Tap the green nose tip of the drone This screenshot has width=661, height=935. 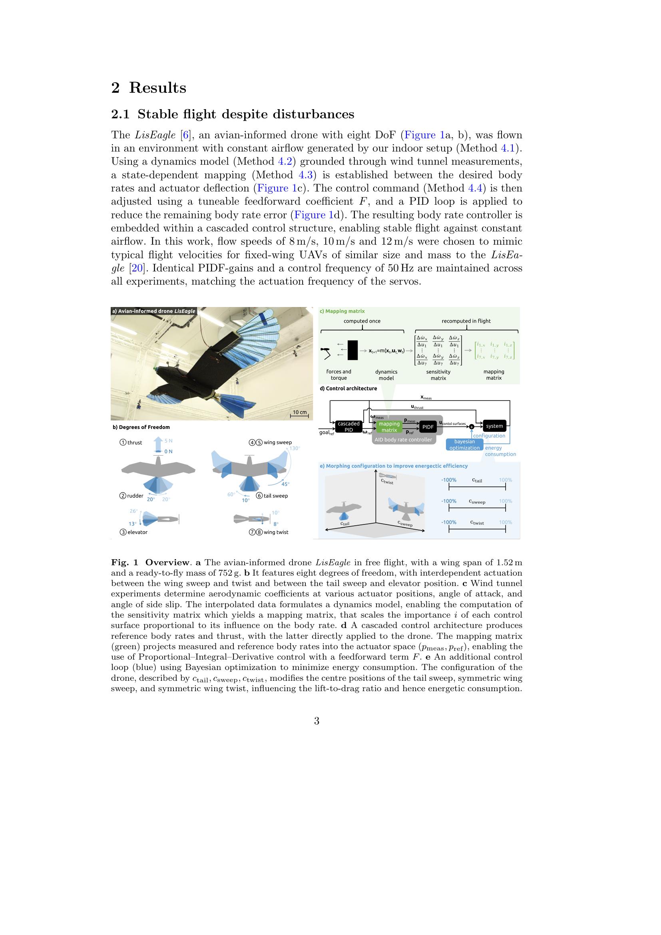point(155,369)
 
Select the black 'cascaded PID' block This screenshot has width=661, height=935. point(348,427)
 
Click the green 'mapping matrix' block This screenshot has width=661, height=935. point(389,427)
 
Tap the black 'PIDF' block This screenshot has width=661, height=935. point(428,427)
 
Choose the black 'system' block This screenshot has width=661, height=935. point(494,426)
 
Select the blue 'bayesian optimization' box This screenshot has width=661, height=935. point(464,444)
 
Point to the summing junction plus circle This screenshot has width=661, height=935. point(472,427)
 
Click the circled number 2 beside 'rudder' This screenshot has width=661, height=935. point(123,496)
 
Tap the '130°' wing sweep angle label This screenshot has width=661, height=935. point(295,448)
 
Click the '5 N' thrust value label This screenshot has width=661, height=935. point(169,441)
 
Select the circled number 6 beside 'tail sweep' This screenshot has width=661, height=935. point(259,496)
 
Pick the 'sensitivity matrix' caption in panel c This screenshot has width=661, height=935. point(438,375)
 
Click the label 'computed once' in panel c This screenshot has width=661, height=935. point(362,321)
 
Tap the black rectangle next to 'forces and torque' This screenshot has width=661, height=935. point(352,350)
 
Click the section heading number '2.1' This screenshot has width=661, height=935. point(120,114)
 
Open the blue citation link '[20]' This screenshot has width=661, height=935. point(137,268)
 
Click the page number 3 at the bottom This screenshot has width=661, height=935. point(317,721)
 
